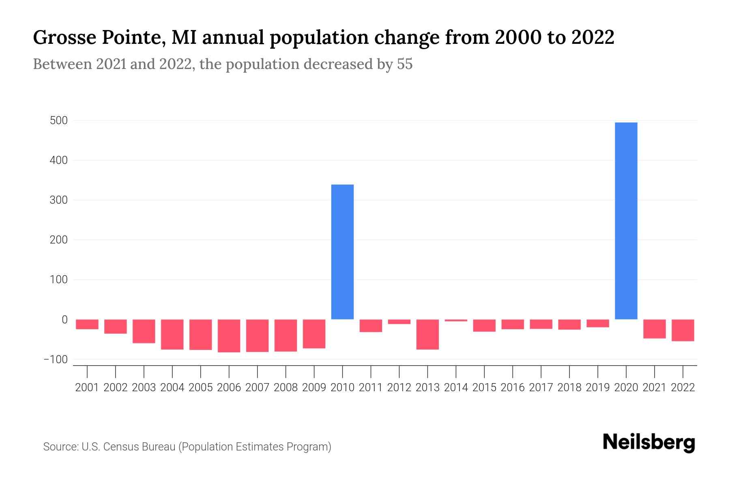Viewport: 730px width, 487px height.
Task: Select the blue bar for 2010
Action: tap(342, 252)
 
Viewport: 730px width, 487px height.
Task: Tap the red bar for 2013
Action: tap(427, 334)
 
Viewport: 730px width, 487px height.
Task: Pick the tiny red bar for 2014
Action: tap(456, 321)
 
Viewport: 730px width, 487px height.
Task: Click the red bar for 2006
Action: tap(229, 336)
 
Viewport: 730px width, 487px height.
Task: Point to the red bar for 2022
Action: tap(683, 330)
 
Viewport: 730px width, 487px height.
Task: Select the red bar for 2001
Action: tap(87, 324)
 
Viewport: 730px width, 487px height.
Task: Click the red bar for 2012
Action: tap(399, 322)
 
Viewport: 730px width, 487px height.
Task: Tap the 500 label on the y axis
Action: tap(59, 121)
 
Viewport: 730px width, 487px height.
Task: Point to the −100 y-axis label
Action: tap(56, 360)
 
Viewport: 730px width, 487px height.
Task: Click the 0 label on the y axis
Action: tap(64, 320)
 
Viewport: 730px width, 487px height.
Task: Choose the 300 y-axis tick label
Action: tap(59, 200)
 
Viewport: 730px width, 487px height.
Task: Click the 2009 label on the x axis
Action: tap(314, 388)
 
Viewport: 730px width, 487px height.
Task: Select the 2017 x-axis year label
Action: tap(541, 388)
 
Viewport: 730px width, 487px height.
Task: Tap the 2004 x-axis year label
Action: tap(172, 388)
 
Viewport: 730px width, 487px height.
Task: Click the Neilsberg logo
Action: tap(649, 442)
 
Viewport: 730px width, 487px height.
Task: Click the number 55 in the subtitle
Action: tap(404, 64)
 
